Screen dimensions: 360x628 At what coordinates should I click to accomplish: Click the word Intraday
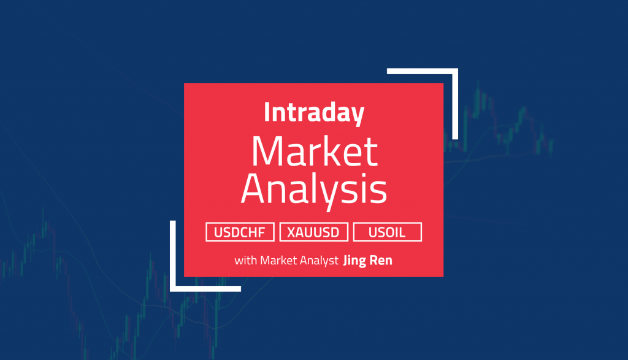313,113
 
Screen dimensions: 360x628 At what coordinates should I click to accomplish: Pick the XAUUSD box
313,232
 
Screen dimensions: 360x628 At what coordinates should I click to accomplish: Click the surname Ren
381,261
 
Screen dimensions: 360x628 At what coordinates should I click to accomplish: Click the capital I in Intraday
266,113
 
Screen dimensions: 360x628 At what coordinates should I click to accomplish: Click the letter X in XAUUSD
290,232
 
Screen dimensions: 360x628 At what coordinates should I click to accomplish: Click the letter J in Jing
348,261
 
